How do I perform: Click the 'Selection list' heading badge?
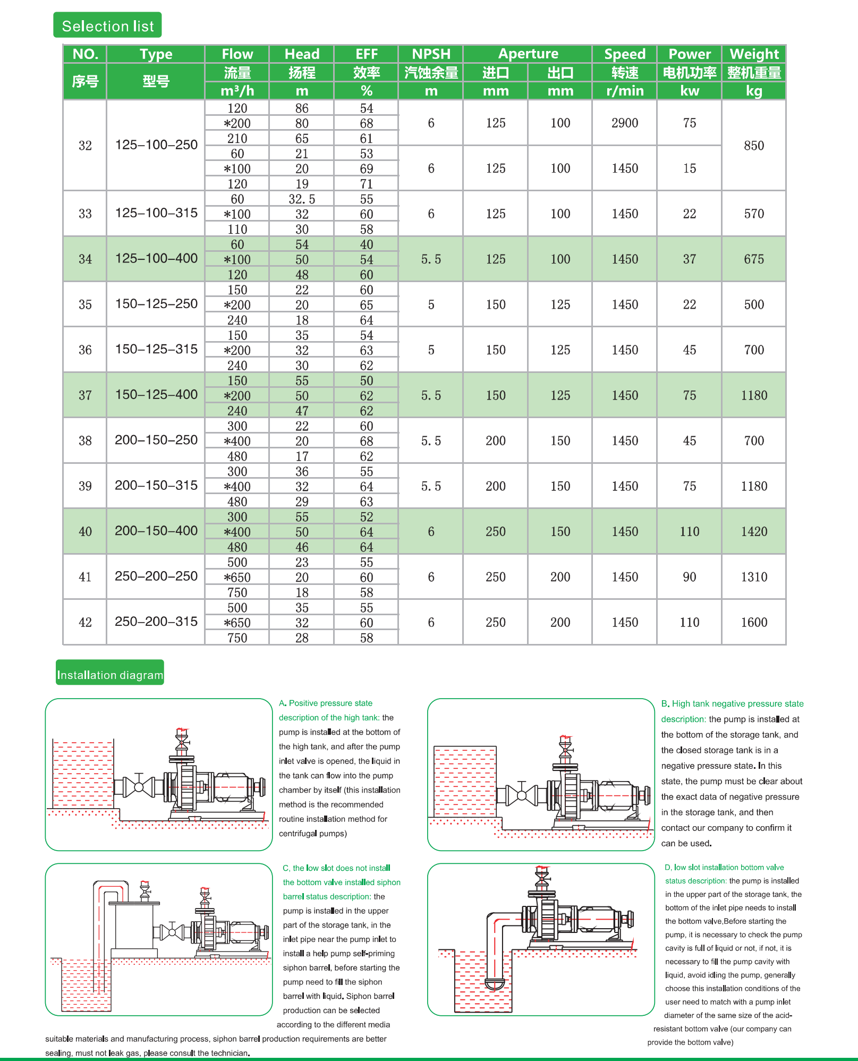tap(107, 26)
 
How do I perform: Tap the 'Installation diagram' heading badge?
tap(110, 675)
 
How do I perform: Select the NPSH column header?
tap(431, 54)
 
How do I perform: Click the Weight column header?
tap(754, 54)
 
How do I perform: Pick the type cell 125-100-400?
tap(156, 259)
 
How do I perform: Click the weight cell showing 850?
tap(754, 146)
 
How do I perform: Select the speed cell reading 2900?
tap(625, 123)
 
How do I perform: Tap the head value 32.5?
tap(302, 199)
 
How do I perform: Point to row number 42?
tap(85, 622)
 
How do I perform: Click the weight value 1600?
tap(754, 622)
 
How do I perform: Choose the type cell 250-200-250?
tap(156, 576)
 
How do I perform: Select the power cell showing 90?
tap(689, 577)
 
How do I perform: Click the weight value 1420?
tap(754, 531)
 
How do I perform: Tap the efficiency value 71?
tap(367, 184)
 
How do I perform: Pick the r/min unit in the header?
tap(625, 91)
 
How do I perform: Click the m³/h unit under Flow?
tap(237, 91)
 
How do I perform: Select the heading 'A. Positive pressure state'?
tap(326, 703)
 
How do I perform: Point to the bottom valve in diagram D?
tap(495, 984)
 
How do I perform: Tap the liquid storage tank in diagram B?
tap(465, 781)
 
